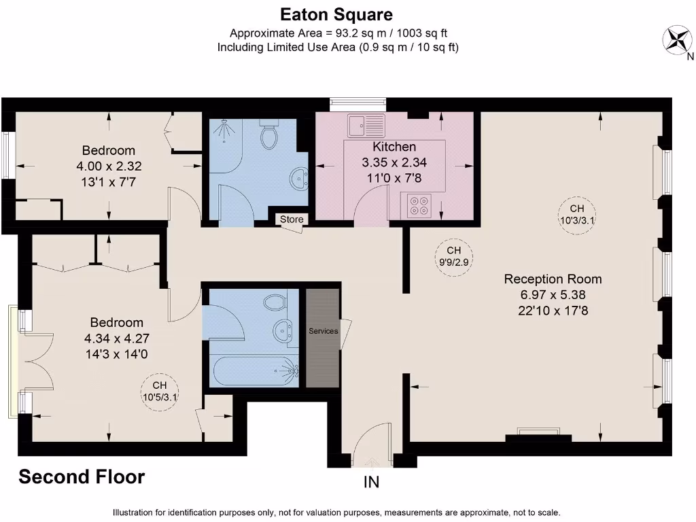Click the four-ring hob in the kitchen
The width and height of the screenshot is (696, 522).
pyautogui.click(x=419, y=205)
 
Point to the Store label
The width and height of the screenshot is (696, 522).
pyautogui.click(x=292, y=220)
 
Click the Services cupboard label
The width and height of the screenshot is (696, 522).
pyautogui.click(x=323, y=331)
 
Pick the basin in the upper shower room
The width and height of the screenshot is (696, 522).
pyautogui.click(x=298, y=179)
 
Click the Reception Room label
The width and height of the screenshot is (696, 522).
pyautogui.click(x=553, y=279)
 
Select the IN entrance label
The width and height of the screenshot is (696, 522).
pyautogui.click(x=372, y=483)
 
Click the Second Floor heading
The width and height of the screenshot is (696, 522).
pyautogui.click(x=82, y=477)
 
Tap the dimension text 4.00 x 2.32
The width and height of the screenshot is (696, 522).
pyautogui.click(x=109, y=165)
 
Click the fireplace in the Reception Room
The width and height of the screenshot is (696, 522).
pyautogui.click(x=538, y=432)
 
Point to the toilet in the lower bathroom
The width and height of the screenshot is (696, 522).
pyautogui.click(x=275, y=303)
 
